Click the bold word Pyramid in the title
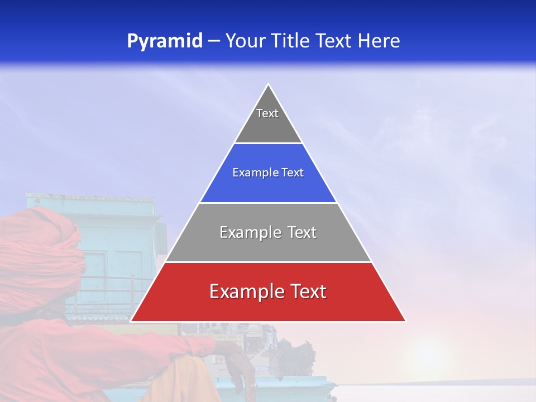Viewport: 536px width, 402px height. (165, 41)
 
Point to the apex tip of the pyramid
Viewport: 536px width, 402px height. (268, 85)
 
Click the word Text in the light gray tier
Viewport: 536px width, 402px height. (299, 232)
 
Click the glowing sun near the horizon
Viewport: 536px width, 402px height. (427, 357)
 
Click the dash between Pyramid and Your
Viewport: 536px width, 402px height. (213, 41)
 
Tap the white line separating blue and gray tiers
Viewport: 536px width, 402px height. (268, 203)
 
